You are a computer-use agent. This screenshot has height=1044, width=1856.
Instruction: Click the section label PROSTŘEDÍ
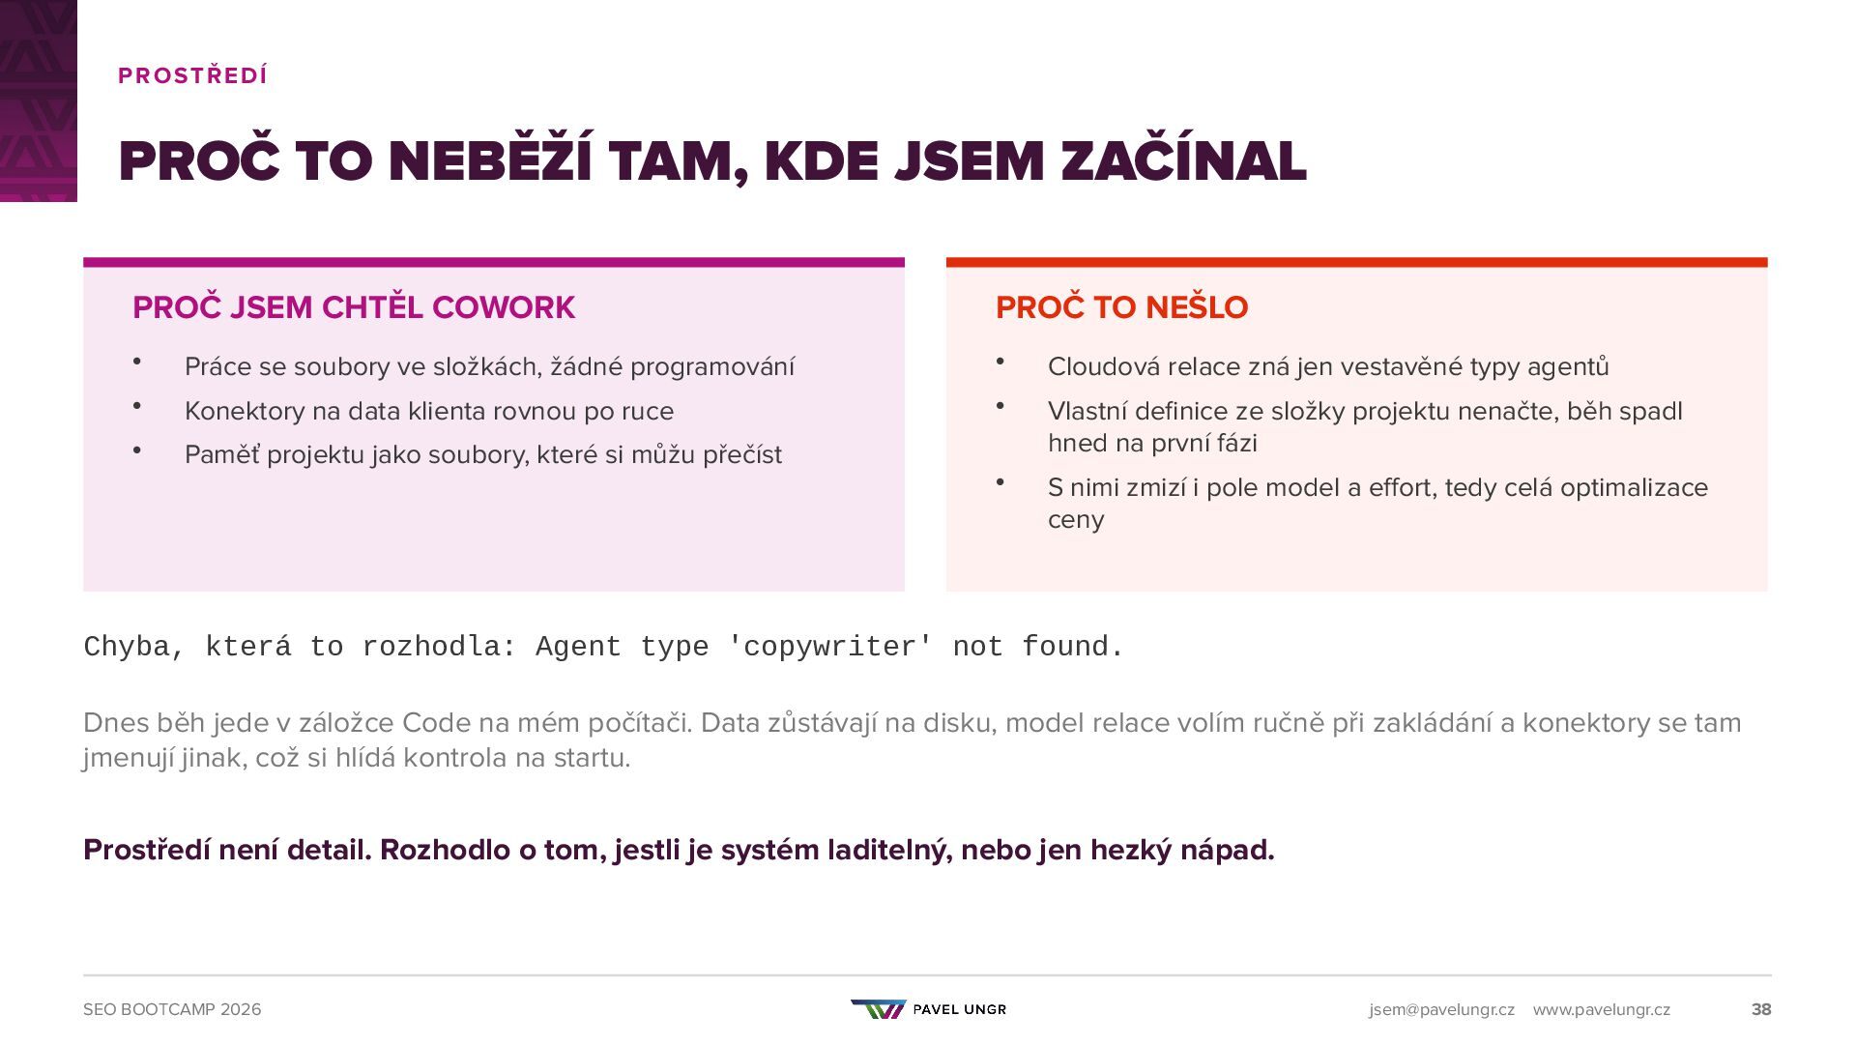pos(192,75)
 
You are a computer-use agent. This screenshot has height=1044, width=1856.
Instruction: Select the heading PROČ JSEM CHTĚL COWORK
pos(354,307)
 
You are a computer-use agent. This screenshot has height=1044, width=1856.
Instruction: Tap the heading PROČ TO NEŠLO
pos(1121,307)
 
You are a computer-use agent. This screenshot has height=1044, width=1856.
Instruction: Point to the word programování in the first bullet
pos(712,367)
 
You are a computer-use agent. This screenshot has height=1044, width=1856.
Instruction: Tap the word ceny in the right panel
pos(1076,520)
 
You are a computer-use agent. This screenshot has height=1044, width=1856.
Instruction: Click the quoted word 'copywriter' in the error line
pos(830,647)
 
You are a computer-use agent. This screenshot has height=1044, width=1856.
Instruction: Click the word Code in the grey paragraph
pos(431,723)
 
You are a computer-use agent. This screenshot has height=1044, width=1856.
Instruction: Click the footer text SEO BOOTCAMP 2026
pos(172,1009)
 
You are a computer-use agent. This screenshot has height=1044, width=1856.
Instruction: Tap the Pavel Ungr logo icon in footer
pos(879,1009)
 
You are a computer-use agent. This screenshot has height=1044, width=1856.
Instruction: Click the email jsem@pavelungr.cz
pos(1441,1009)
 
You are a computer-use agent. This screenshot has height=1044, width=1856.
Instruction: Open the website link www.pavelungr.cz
pos(1601,1009)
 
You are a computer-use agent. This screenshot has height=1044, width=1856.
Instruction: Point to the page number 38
pos(1761,1009)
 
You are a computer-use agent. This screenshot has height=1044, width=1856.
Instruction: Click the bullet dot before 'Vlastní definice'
pos(1000,406)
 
